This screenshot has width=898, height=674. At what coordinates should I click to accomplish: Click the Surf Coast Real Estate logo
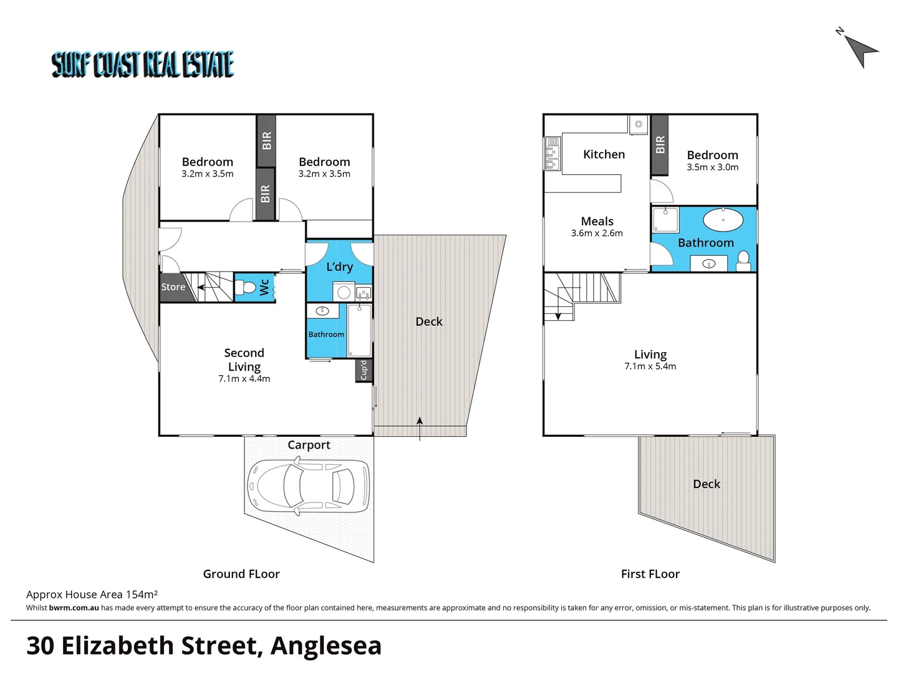pos(143,64)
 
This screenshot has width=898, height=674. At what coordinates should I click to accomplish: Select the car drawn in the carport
pos(308,487)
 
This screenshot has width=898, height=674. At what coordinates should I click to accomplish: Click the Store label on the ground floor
pos(173,287)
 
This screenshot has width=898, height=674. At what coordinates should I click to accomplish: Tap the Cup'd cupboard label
pos(364,370)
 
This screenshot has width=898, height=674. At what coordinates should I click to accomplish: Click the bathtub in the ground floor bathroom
pos(359,331)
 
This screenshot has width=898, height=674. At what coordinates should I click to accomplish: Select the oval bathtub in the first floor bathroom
pos(723,220)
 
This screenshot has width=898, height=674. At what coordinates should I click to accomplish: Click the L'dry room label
pos(340,267)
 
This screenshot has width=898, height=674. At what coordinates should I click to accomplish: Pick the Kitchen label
pos(604,154)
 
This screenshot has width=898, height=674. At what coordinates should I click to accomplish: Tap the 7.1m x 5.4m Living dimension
pos(650,366)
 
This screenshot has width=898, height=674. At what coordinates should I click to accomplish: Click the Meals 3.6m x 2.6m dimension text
pos(597,233)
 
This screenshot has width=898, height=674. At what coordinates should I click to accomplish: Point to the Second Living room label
pos(244,360)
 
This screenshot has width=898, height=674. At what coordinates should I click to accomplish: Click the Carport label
pos(309,445)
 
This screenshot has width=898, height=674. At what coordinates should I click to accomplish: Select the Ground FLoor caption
pos(241,574)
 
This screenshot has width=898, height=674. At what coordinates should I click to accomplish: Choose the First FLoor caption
pos(650,574)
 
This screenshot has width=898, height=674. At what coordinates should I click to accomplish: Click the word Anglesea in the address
pos(326,646)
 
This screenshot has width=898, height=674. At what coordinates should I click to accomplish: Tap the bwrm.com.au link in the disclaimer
pos(74,608)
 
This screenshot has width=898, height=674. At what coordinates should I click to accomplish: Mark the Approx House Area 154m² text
pos(92,595)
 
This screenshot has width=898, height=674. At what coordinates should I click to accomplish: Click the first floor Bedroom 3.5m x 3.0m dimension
pos(712,167)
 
